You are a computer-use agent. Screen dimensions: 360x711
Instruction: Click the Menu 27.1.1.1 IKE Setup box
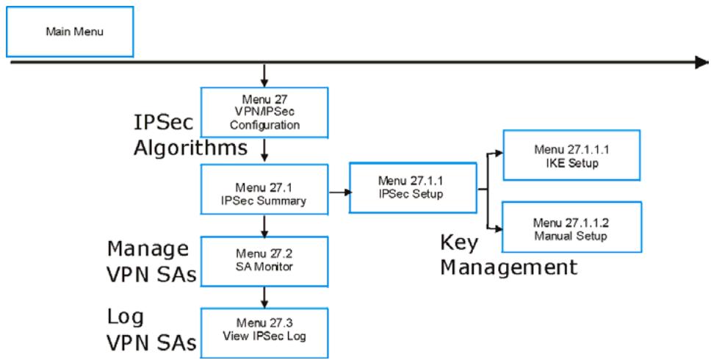pos(571,156)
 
